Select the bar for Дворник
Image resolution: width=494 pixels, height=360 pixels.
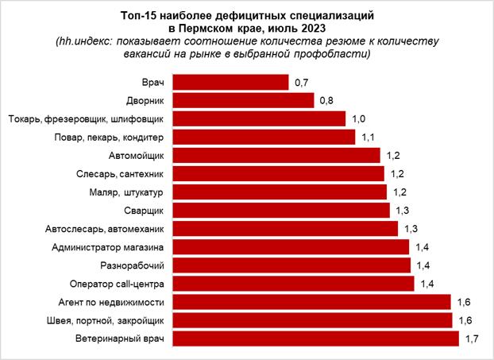pyautogui.click(x=243, y=100)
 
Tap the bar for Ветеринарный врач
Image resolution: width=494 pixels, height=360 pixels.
pyautogui.click(x=315, y=339)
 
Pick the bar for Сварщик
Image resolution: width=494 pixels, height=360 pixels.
pyautogui.click(x=281, y=211)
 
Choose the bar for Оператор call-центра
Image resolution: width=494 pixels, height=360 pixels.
pyautogui.click(x=293, y=284)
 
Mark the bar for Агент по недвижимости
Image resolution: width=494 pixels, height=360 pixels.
pyautogui.click(x=311, y=302)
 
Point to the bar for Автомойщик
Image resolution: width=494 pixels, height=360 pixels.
pyautogui.click(x=277, y=155)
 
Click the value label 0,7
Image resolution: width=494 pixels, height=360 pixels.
pyautogui.click(x=301, y=82)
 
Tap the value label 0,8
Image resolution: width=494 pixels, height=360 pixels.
pyautogui.click(x=326, y=100)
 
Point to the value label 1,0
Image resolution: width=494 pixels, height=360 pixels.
pyautogui.click(x=357, y=118)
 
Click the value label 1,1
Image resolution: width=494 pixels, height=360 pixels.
pyautogui.click(x=368, y=137)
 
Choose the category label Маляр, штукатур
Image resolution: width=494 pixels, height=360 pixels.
pyautogui.click(x=123, y=192)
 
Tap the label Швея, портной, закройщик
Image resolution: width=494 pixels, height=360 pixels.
pyautogui.click(x=106, y=321)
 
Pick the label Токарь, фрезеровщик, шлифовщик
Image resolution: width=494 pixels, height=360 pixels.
pyautogui.click(x=85, y=119)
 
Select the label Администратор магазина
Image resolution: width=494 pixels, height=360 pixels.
pyautogui.click(x=107, y=247)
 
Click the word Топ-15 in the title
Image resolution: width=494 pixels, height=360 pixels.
pyautogui.click(x=138, y=15)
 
